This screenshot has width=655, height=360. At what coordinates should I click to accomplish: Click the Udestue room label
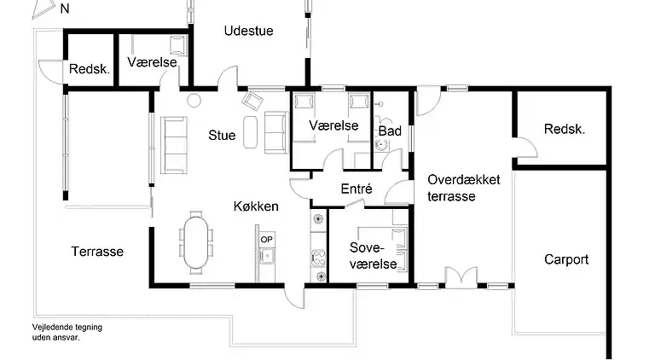coord(248,32)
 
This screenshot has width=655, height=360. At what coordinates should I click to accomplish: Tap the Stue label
coord(222,134)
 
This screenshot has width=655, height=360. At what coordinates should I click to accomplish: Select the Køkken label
coord(256,206)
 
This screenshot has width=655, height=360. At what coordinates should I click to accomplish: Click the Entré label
coord(355,189)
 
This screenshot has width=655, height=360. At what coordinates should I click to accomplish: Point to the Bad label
coord(390,131)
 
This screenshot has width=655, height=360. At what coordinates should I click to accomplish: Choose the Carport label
coord(566,259)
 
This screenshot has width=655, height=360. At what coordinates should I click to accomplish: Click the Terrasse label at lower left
coord(97,252)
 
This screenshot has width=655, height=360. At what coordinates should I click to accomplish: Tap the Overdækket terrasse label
coord(464,188)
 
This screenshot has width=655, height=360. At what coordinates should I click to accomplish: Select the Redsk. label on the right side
coord(565,129)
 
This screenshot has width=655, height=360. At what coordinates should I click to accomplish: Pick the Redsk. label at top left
coord(90,70)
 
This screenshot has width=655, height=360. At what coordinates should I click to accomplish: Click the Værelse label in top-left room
coord(152,62)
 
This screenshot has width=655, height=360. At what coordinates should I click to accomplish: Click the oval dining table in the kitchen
coord(196,241)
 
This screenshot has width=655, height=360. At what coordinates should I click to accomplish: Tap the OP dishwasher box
coord(267,240)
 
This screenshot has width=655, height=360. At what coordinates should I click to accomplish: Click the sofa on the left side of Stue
coord(175,144)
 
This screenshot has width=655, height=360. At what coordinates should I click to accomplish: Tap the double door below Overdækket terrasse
coord(457,277)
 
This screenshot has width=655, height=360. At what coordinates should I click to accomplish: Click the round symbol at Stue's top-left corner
coord(193,100)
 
